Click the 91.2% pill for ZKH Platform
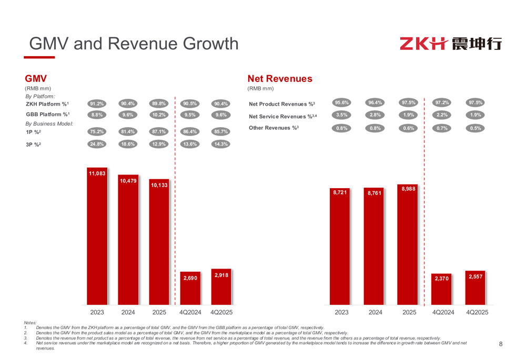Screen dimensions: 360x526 (x=97, y=104)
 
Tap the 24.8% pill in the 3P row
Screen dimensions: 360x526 (x=97, y=144)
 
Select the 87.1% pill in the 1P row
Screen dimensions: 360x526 (x=159, y=132)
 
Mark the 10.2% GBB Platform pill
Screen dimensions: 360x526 (x=159, y=115)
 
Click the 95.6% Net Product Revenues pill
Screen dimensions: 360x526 (x=342, y=102)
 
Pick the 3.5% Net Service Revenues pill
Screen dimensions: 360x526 (x=342, y=115)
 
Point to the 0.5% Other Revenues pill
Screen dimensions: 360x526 (x=476, y=128)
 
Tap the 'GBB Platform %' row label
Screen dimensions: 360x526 (x=47, y=114)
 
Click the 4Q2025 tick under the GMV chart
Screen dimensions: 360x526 (x=221, y=312)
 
